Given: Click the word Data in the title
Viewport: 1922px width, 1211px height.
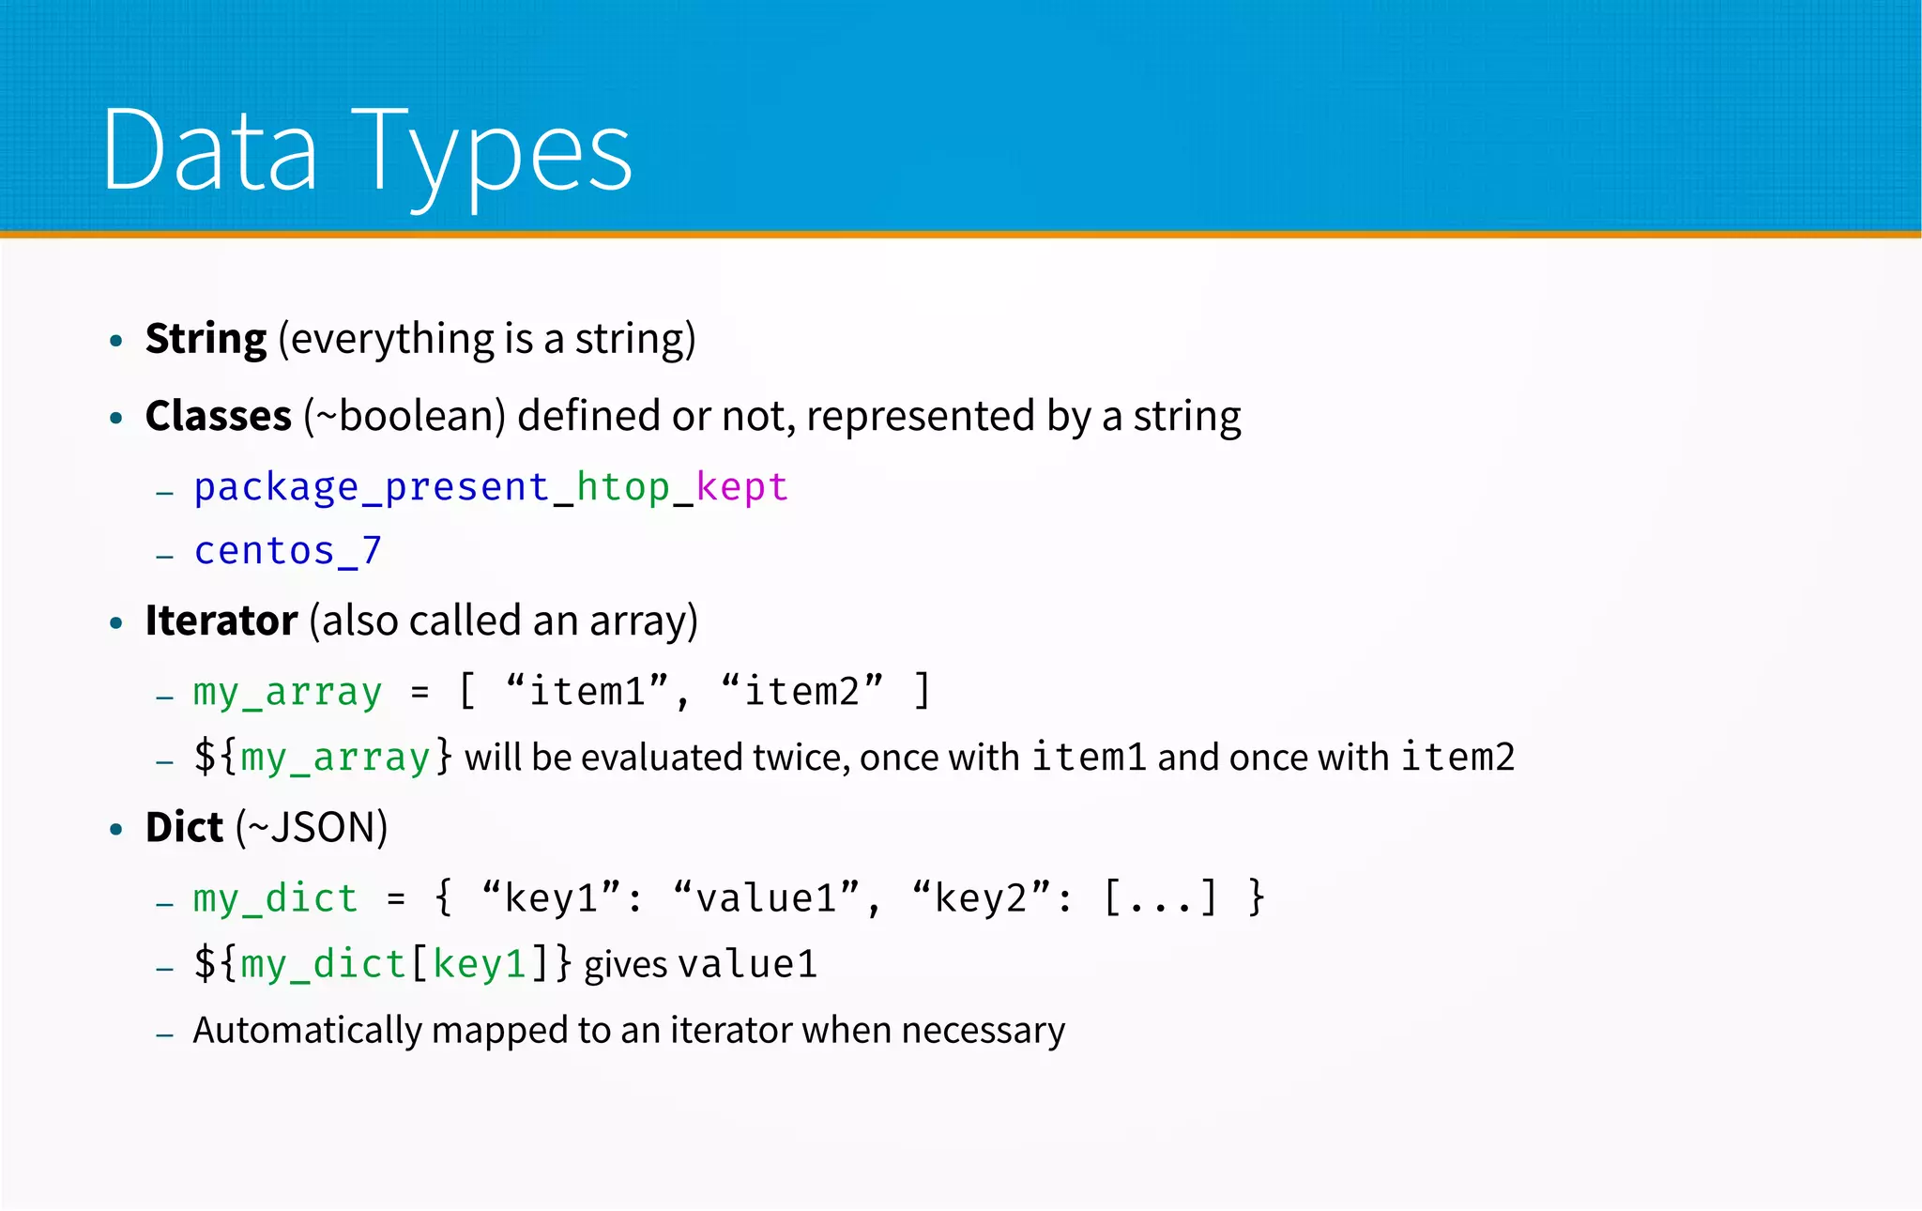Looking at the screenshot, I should click(209, 151).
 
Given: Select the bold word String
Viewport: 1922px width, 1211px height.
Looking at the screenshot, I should click(206, 340).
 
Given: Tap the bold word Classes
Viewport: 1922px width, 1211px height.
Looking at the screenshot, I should click(218, 416).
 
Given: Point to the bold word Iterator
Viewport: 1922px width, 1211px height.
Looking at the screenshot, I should click(221, 621).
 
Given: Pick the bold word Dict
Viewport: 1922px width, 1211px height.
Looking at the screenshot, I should click(184, 828).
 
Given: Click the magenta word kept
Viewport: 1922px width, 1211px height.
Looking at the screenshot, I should click(741, 487).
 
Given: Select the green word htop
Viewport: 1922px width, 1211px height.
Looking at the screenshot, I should click(622, 487).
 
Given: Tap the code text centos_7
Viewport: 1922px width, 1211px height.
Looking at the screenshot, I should click(287, 551).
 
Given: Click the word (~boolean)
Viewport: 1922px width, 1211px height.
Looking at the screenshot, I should click(405, 416).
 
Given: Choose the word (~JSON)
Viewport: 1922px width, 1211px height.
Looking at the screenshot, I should click(312, 828).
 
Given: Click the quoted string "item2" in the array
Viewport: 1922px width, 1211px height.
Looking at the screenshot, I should click(802, 692).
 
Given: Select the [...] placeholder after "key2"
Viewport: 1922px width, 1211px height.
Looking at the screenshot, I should click(1160, 898).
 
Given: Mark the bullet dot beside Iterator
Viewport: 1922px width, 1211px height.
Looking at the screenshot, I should click(116, 623).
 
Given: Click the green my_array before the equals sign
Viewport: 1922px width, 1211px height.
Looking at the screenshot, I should click(287, 693).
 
